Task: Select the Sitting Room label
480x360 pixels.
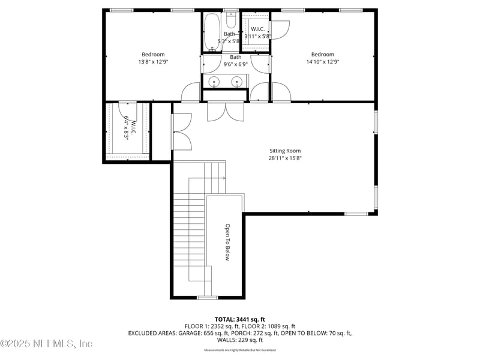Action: point(284,151)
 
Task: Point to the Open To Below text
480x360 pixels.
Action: point(227,242)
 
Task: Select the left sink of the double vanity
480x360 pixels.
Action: point(214,82)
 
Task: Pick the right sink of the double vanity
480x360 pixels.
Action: point(238,82)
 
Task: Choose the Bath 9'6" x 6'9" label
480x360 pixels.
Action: point(235,61)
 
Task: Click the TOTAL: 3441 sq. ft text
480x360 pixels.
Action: point(239,319)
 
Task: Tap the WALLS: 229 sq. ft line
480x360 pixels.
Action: point(239,340)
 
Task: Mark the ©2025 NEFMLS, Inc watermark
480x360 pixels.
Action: point(47,344)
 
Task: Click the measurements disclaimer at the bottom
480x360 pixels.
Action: point(239,350)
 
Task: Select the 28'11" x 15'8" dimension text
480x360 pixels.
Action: point(284,158)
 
